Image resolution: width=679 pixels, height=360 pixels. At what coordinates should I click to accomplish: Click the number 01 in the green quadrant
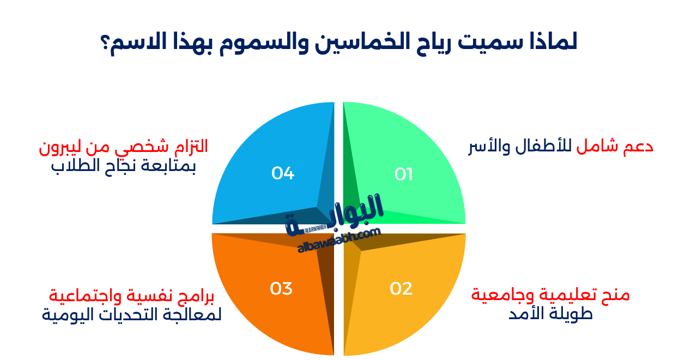pos(403,174)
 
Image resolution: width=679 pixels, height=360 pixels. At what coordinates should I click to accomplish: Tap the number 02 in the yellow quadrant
pos(401,289)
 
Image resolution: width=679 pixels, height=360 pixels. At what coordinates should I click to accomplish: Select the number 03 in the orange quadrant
pos(281,289)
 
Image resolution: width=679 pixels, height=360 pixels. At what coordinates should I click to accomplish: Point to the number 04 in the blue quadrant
pos(283,173)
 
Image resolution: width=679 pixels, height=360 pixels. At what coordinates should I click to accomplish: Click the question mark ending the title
pos(105,43)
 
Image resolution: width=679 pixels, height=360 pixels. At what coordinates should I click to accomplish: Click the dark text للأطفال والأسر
pos(520,147)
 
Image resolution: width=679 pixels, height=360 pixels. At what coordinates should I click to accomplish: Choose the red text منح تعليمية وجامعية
pos(550,295)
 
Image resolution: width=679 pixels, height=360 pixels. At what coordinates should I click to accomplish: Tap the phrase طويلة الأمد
pos(550,314)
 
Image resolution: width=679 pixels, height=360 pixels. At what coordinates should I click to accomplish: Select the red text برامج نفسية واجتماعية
pos(131,295)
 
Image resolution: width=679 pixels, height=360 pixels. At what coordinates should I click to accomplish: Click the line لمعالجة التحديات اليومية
pos(131,314)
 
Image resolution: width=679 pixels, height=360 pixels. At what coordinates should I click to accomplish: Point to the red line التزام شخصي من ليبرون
pos(123,147)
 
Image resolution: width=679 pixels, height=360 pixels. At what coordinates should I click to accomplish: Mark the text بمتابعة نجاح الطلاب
pos(123,166)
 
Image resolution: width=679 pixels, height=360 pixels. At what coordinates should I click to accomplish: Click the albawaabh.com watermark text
pos(339,241)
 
